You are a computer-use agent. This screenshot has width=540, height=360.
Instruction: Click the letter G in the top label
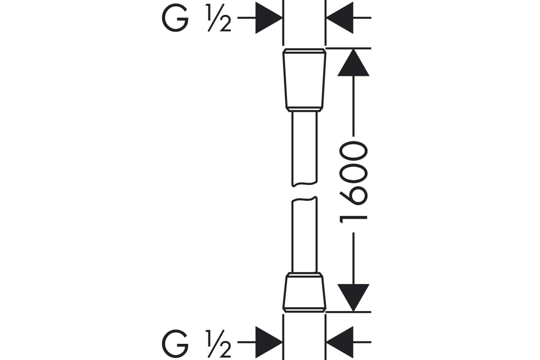175,18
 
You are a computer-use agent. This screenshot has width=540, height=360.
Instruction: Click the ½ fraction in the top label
218,18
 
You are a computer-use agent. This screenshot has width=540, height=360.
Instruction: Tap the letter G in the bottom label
175,344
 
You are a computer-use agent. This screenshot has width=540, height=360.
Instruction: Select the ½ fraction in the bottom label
218,344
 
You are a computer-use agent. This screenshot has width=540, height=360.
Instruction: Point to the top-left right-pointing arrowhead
269,18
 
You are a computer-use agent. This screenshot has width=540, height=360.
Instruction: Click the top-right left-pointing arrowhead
340,18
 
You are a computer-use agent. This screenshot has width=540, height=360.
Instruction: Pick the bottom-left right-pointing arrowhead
269,342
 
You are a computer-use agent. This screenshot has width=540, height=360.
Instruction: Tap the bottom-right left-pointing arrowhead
340,342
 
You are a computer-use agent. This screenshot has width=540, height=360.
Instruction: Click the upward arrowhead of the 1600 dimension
353,63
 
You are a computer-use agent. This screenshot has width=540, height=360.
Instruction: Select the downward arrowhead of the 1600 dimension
353,297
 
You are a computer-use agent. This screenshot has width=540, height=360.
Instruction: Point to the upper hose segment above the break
305,148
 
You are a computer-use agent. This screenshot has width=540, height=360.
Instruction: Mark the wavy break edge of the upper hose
305,184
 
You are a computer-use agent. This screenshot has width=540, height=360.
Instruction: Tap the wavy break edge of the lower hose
305,199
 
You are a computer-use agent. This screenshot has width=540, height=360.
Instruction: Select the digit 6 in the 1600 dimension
353,195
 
